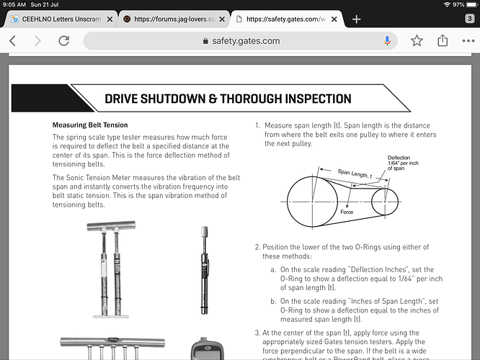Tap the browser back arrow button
12,41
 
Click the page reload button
63,41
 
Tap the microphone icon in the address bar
388,41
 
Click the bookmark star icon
417,41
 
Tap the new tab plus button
356,19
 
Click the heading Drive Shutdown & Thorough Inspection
228,99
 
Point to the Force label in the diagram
347,212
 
